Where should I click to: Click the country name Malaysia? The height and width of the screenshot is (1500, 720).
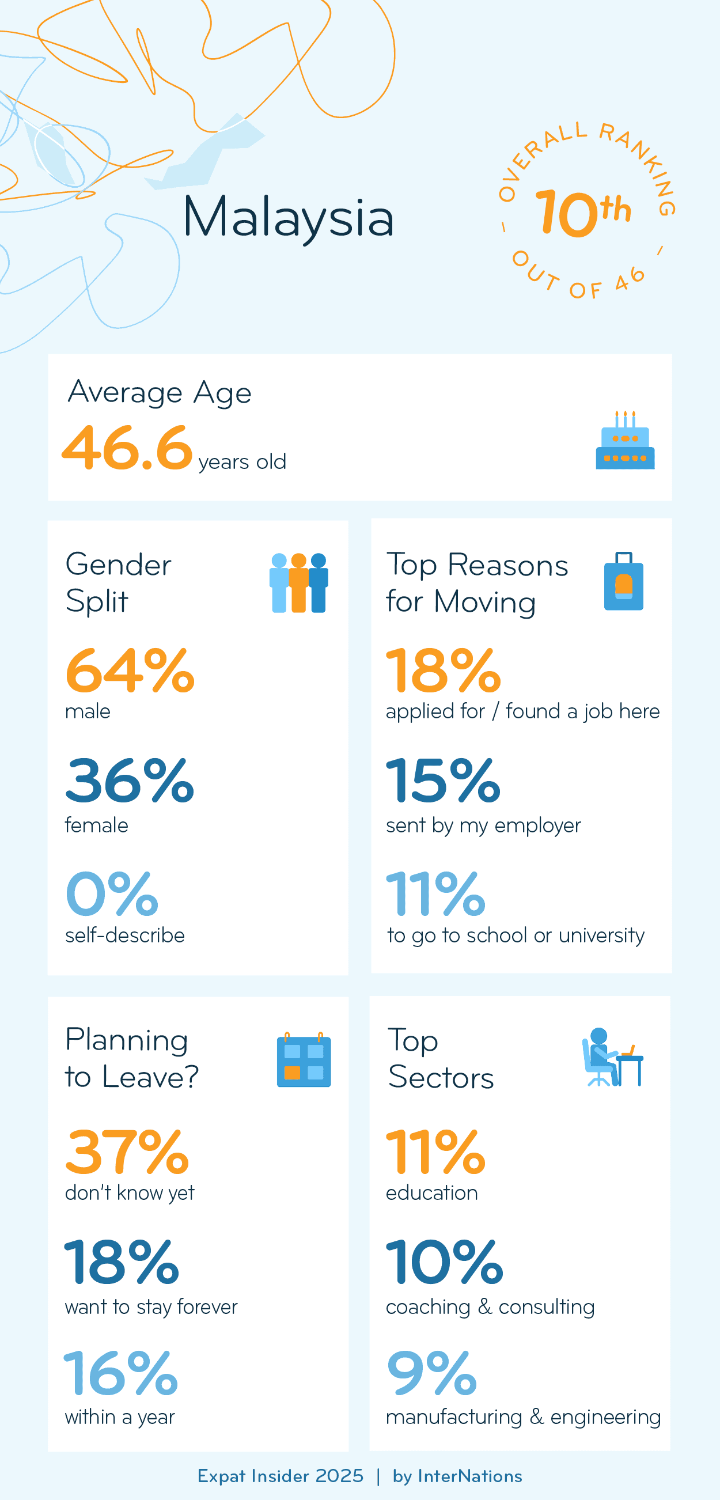(x=288, y=217)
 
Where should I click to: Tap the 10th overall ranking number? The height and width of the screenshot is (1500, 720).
(x=582, y=213)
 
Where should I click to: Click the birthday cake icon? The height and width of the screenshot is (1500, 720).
(x=624, y=441)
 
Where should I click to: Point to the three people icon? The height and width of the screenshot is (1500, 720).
(x=298, y=582)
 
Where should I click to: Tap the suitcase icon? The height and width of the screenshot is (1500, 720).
(x=623, y=582)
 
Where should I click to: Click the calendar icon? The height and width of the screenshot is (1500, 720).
(x=303, y=1060)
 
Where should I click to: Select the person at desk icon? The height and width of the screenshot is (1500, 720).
(x=612, y=1058)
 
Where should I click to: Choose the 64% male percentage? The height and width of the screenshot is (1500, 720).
(x=130, y=671)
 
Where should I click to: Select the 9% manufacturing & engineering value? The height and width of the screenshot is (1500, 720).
(x=431, y=1373)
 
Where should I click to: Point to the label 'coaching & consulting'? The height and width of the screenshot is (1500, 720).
(x=490, y=1307)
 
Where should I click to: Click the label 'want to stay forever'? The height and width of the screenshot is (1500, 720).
(x=151, y=1307)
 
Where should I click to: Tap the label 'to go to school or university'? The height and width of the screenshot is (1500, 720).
(x=516, y=935)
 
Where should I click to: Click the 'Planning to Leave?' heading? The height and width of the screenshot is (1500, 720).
(x=131, y=1058)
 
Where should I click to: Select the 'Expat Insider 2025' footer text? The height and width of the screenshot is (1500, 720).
(x=280, y=1476)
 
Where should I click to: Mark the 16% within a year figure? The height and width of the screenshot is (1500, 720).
(x=120, y=1373)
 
